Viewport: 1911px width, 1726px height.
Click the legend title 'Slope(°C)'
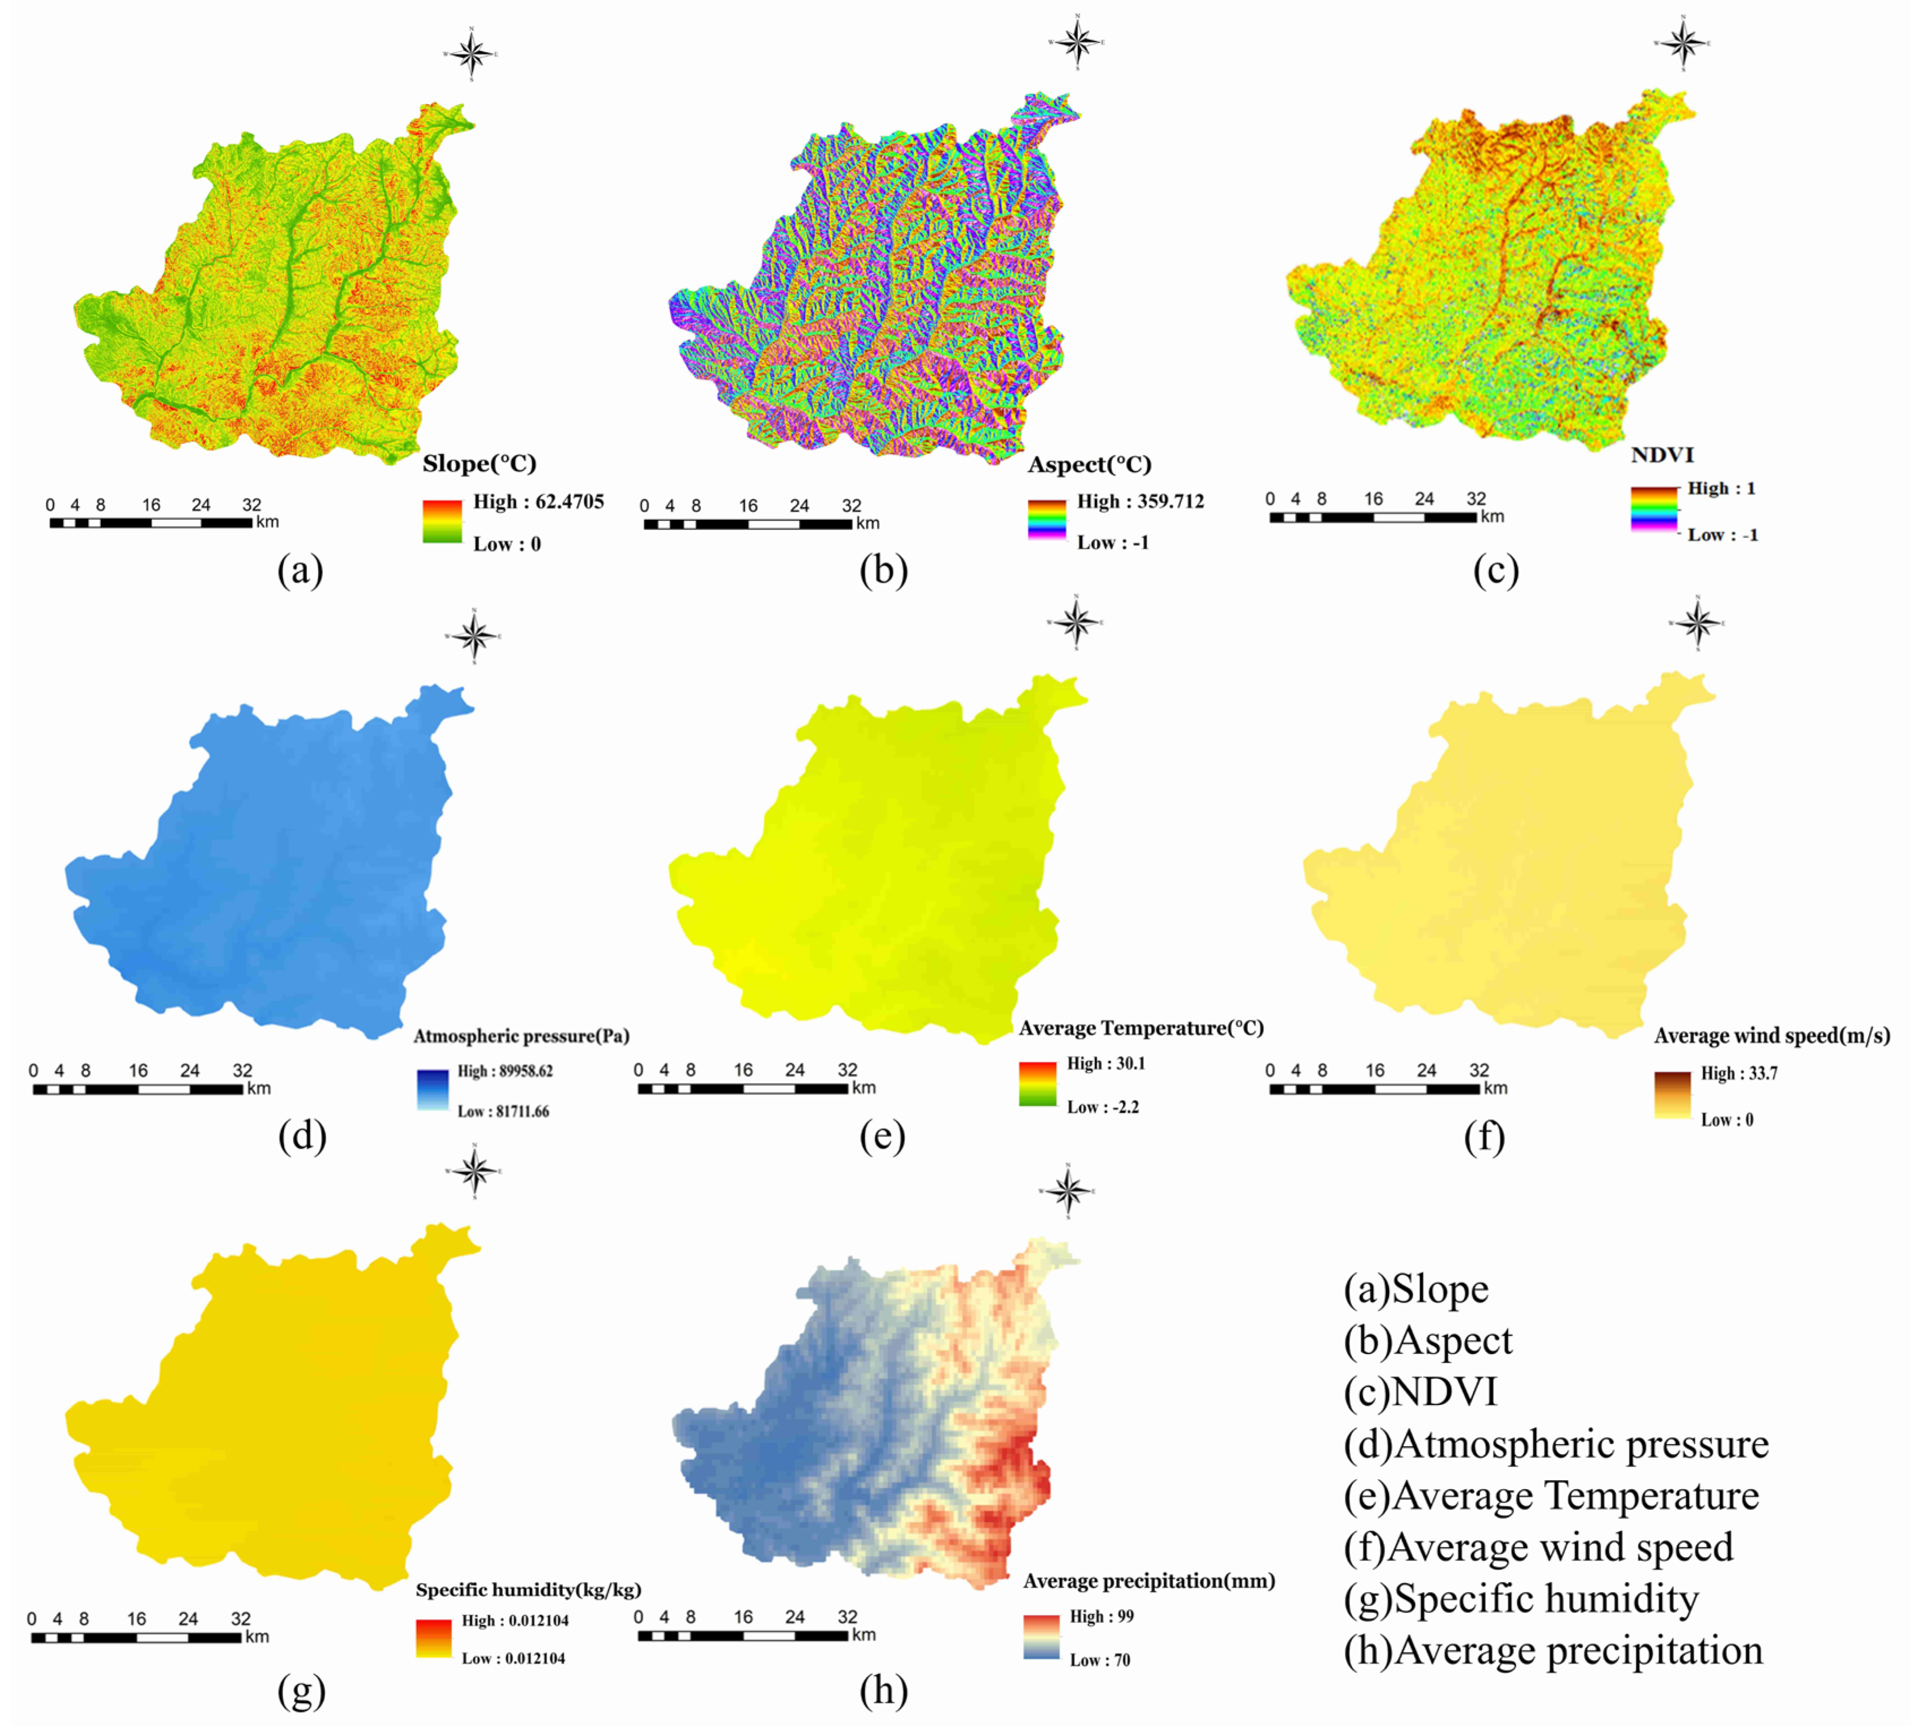point(480,463)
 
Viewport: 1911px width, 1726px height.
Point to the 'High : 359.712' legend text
point(1140,501)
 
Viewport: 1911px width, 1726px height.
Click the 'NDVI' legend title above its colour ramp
point(1662,455)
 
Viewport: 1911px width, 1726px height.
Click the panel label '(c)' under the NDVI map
point(1496,571)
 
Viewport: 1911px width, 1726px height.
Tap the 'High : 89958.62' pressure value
point(505,1071)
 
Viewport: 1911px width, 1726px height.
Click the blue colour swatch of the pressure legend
point(432,1090)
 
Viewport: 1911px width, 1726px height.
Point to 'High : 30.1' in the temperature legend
point(1105,1063)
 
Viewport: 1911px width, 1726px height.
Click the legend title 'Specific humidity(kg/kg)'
point(528,1590)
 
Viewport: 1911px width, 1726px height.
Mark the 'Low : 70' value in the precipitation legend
point(1100,1660)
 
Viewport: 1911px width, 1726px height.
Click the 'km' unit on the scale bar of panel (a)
point(267,522)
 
